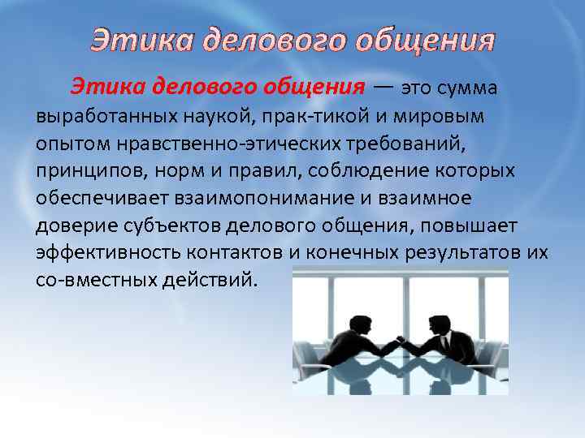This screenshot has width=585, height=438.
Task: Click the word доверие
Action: click(68, 226)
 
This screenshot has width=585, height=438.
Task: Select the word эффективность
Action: click(102, 254)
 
